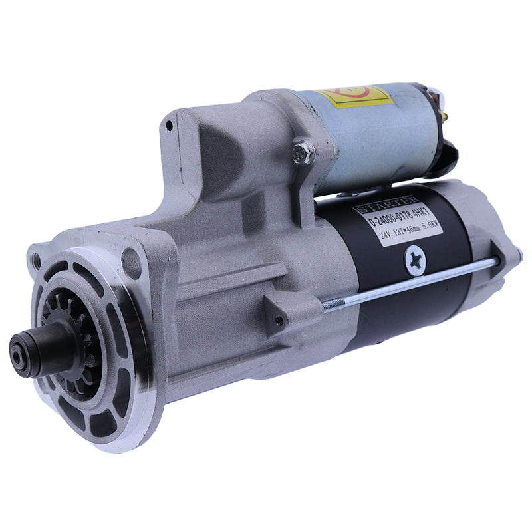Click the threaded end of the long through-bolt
point(332,305)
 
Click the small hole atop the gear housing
point(170,124)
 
